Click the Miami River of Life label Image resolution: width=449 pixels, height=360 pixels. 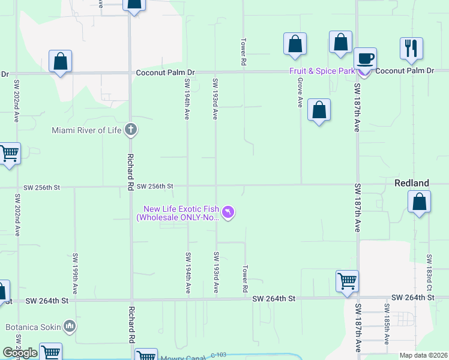coord(87,130)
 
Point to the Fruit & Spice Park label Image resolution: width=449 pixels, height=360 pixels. coord(322,71)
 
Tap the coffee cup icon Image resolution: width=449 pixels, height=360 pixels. coord(365,59)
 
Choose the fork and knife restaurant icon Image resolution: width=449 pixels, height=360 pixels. coord(411,48)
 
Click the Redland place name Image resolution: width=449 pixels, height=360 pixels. coord(411,183)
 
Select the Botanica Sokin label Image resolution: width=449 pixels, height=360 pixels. coord(31,328)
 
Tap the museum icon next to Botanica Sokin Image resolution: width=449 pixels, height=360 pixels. coord(70,327)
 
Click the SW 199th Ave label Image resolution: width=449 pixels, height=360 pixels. coord(75,268)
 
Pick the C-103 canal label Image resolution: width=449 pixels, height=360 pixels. coord(219,356)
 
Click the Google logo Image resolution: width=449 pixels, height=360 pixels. coord(20,353)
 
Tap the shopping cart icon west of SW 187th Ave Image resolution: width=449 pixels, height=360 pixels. coord(347,281)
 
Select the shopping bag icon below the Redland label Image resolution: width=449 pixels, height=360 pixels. coord(419,202)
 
